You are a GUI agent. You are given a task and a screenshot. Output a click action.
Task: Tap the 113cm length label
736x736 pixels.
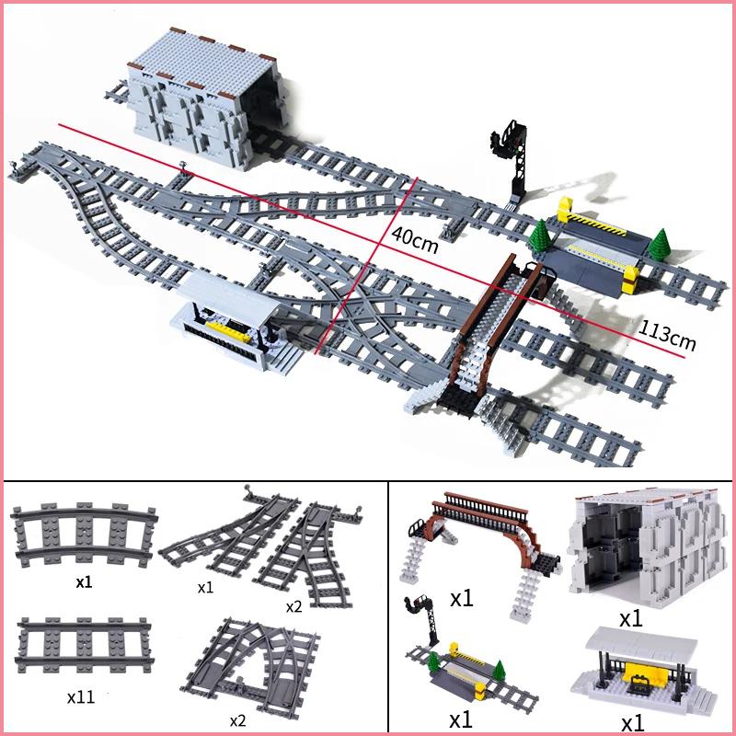[x=667, y=334]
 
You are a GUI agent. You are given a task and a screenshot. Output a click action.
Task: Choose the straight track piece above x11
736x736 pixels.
[x=73, y=635]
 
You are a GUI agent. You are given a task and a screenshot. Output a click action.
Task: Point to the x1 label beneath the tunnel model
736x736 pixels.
[x=630, y=618]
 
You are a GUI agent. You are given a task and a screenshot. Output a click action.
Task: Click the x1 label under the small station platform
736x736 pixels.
[x=632, y=721]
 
